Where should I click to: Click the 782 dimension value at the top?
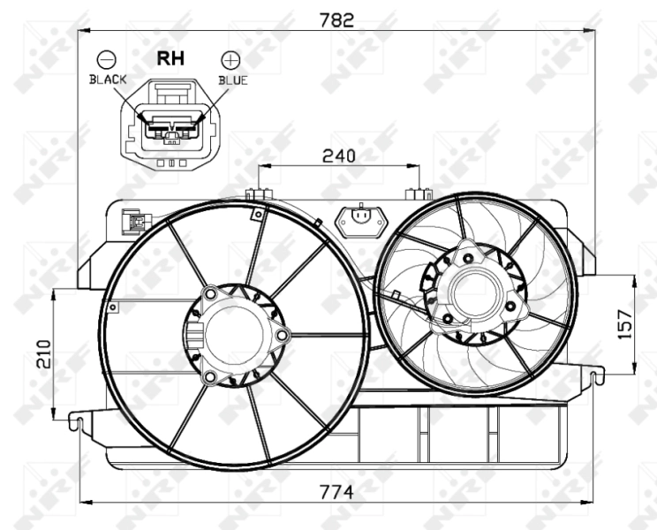point(336,20)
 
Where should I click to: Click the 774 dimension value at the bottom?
point(336,493)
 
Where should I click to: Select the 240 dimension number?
point(338,156)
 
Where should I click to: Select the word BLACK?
point(108,79)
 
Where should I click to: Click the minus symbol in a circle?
point(107,60)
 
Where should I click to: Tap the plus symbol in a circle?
point(230,60)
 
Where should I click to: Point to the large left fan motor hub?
point(234,336)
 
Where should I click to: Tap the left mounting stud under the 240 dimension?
point(259,193)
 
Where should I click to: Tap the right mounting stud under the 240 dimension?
point(416,193)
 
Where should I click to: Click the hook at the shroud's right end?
point(596,377)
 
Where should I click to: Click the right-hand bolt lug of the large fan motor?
point(283,336)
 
